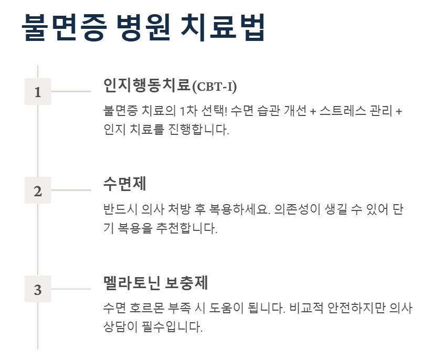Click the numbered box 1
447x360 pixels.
pos(38,92)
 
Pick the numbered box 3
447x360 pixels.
pos(38,290)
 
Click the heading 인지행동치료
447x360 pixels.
pos(146,85)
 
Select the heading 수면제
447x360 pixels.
pos(124,184)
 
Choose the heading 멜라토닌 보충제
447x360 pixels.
pos(156,283)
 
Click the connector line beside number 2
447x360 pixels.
pos(71,190)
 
